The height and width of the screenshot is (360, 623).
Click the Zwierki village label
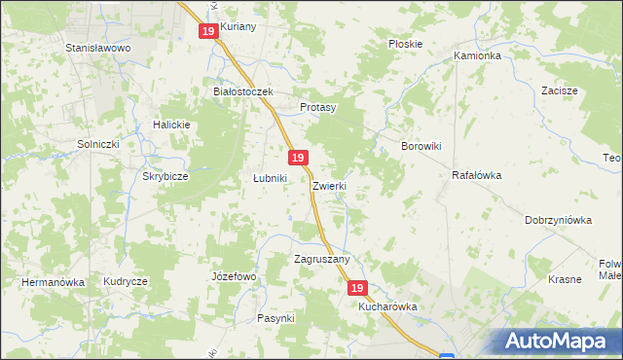(x=330, y=185)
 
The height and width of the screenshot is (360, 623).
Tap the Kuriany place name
(x=238, y=26)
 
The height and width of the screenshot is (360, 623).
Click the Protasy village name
(x=317, y=107)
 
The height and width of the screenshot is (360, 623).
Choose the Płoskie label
(x=405, y=44)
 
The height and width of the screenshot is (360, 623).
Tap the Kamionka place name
(x=477, y=56)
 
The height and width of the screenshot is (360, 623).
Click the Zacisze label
(x=560, y=90)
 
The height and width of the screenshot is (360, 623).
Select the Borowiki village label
(x=422, y=146)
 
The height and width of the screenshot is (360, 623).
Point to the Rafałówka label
(x=476, y=176)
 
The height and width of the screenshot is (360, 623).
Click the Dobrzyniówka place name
(x=558, y=220)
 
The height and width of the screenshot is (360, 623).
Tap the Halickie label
(x=170, y=125)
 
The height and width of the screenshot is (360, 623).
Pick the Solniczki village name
(x=97, y=144)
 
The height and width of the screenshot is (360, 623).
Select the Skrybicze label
(x=165, y=177)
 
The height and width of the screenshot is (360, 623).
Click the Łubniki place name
(x=270, y=178)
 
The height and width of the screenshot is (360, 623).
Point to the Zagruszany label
(x=321, y=259)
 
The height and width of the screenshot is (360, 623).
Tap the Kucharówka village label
(x=387, y=306)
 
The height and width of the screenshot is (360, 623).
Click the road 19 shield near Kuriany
(x=208, y=31)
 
